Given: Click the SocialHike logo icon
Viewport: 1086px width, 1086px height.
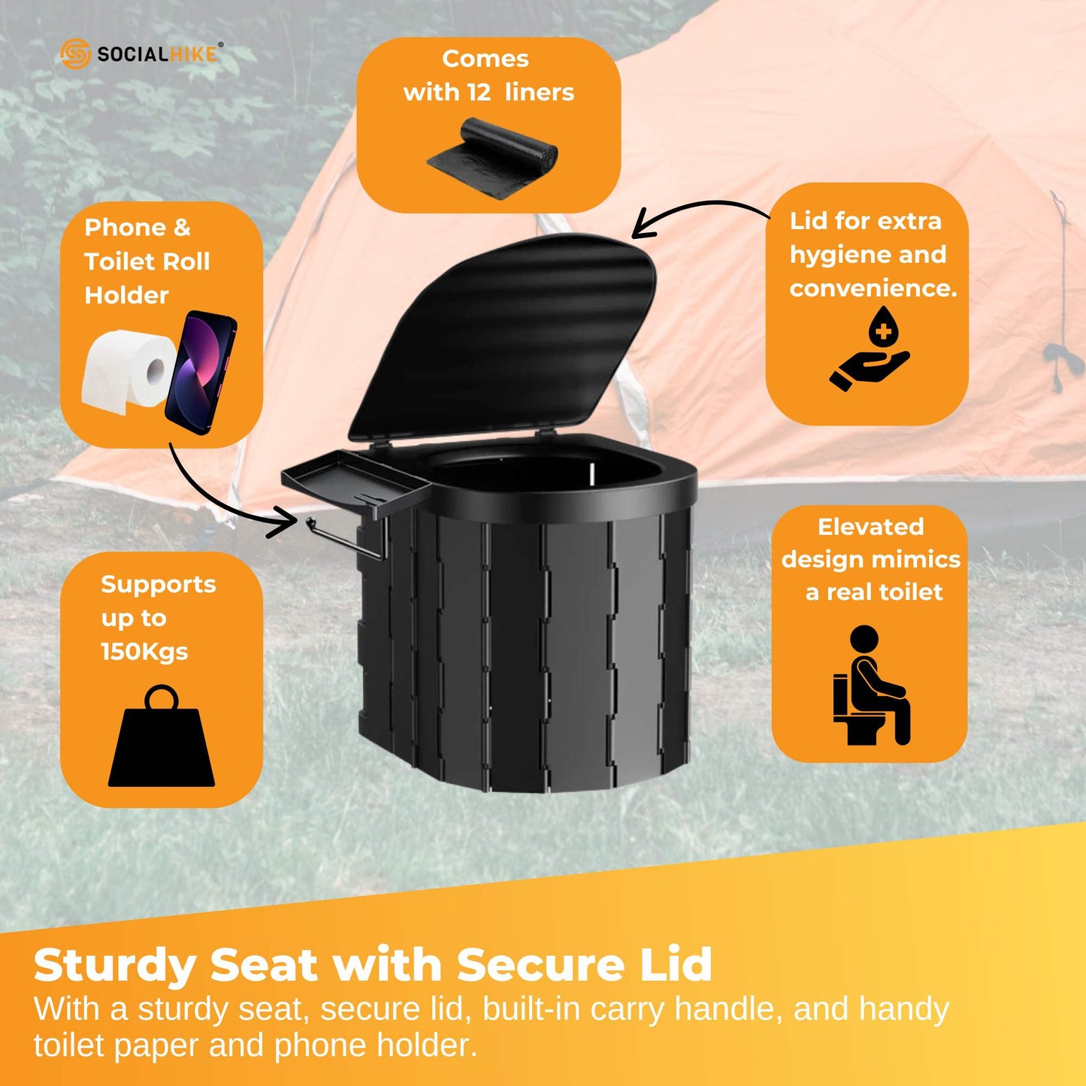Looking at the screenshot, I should pos(75,54).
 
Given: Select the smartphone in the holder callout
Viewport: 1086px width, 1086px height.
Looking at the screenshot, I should pos(201,372).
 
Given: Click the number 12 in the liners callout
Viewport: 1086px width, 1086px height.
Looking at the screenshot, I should pos(478,92).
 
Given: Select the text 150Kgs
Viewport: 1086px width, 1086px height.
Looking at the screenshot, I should pos(144,652).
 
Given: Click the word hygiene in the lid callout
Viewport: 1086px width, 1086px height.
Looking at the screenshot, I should pos(839,255).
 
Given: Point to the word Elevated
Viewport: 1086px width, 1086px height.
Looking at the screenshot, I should pos(870,527).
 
